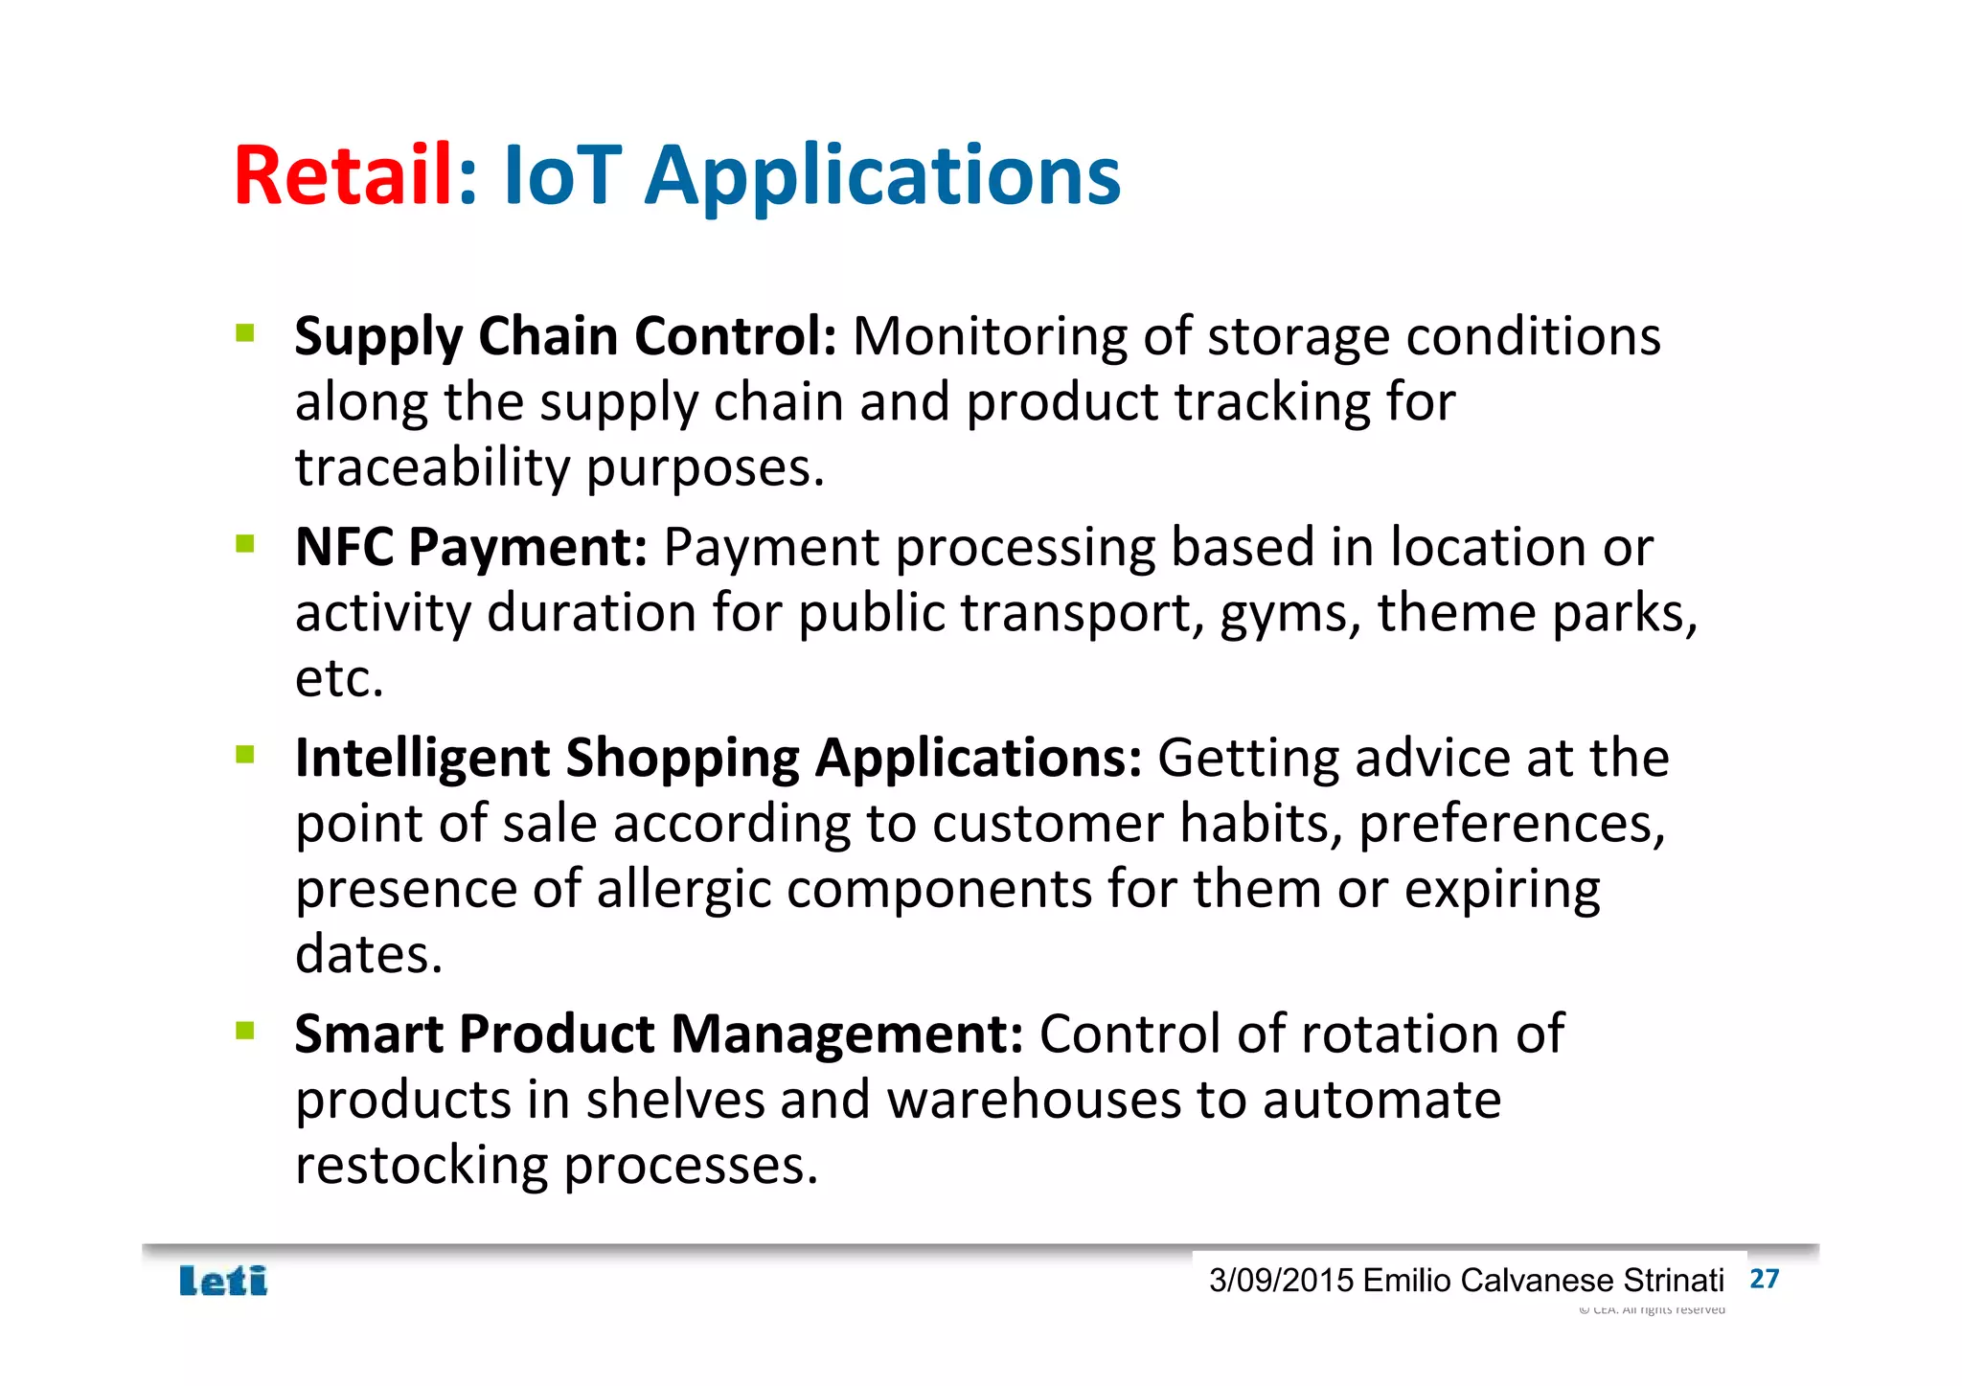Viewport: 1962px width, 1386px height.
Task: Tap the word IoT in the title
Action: click(562, 175)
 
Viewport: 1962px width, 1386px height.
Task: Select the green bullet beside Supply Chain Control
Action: click(245, 333)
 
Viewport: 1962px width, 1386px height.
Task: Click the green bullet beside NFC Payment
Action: click(245, 544)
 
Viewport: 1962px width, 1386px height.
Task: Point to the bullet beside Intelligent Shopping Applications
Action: click(245, 755)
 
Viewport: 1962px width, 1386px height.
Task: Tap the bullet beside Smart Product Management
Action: click(245, 1031)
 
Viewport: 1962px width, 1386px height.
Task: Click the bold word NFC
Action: click(344, 547)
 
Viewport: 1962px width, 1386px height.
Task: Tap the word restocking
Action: click(421, 1166)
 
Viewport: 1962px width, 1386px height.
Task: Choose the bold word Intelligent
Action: click(422, 759)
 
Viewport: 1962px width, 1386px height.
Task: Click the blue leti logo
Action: click(223, 1281)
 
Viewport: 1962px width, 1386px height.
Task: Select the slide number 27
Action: click(1764, 1279)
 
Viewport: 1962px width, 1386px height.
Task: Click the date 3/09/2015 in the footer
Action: click(1281, 1281)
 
